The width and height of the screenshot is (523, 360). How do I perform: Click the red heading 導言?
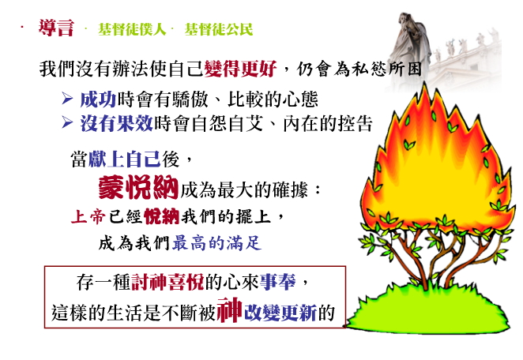click(56, 28)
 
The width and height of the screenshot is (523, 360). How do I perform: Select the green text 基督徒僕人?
click(132, 29)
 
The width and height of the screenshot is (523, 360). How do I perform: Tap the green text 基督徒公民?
click(219, 29)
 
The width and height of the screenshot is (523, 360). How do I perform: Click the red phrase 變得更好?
click(240, 69)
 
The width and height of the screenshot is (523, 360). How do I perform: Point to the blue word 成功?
click(98, 99)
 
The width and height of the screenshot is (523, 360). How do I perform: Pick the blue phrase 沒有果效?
click(116, 123)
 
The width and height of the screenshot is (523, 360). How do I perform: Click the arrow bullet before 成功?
click(67, 99)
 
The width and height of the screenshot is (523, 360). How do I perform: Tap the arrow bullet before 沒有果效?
click(67, 122)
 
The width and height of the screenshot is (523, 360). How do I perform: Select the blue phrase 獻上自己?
click(124, 159)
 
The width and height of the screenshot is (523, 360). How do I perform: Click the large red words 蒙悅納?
click(138, 188)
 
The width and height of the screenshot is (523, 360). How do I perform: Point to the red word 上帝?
click(88, 216)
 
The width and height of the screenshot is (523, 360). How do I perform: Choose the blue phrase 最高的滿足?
click(216, 243)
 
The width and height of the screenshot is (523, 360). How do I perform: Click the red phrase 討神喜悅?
click(167, 283)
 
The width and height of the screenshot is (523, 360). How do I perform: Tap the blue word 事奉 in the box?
click(277, 283)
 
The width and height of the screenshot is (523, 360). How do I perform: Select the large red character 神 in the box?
click(229, 310)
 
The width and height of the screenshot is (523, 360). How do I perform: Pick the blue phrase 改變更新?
click(280, 313)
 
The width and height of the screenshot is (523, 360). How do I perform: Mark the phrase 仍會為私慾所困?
click(359, 69)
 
